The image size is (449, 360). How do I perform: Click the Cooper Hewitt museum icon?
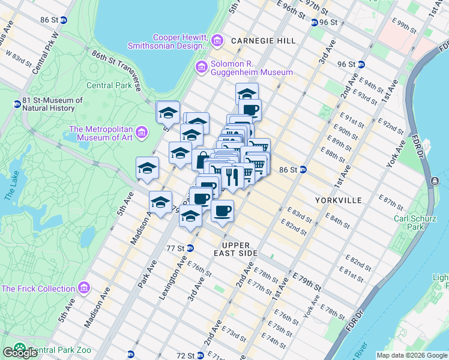pos(217,40)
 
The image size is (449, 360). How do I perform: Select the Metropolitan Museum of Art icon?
pos(142,131)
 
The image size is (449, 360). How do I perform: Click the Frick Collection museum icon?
pos(84,289)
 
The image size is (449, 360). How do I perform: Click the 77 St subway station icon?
pos(190,248)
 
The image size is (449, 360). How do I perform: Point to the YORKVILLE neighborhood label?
pos(339,200)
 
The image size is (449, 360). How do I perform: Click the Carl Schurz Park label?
pos(414,223)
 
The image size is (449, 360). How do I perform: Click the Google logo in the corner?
pos(19,353)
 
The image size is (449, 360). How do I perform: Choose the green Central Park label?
pos(109,85)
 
